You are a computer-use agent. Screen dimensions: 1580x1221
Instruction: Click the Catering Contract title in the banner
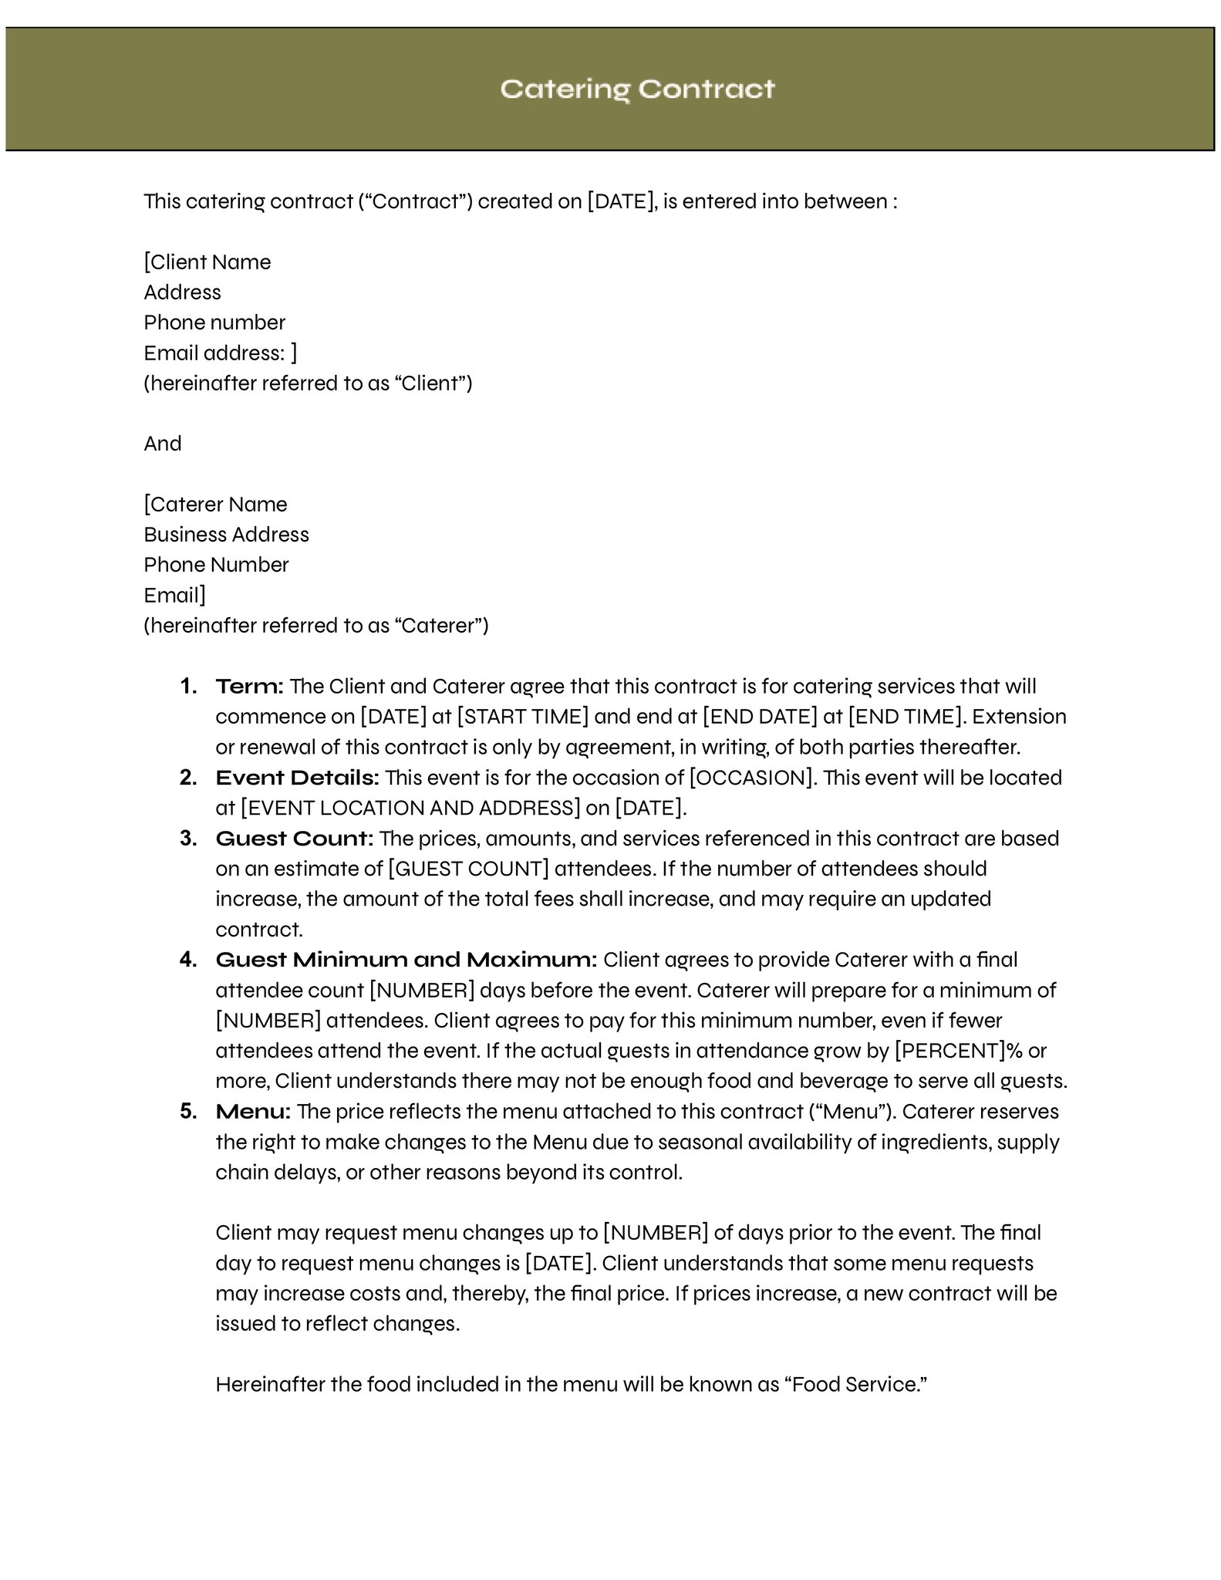[637, 89]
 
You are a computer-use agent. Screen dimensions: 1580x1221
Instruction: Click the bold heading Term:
[250, 687]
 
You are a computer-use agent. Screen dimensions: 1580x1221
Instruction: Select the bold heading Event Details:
[297, 778]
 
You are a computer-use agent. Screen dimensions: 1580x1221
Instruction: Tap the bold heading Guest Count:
[295, 839]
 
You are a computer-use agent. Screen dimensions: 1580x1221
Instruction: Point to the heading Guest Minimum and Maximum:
[406, 960]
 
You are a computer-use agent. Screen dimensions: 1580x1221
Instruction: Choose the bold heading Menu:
[253, 1112]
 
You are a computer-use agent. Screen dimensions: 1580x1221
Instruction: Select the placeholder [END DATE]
[760, 717]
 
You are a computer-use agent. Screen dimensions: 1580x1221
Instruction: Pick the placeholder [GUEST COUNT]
[468, 869]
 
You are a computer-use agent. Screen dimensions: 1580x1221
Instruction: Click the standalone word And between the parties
[163, 444]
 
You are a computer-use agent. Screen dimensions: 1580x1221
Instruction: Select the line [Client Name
[207, 262]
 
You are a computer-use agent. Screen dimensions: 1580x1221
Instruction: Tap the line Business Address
[226, 535]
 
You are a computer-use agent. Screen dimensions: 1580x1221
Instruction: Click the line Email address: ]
[220, 353]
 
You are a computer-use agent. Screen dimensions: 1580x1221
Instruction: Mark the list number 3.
[188, 839]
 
